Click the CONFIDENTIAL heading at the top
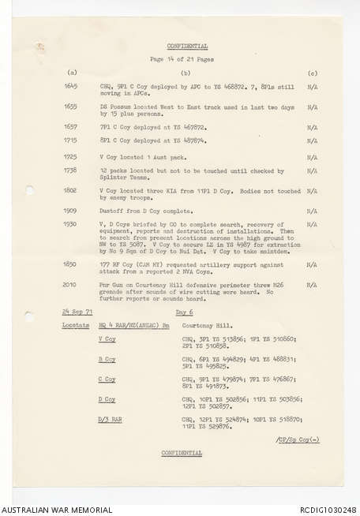(182, 47)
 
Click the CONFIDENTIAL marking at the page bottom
(182, 453)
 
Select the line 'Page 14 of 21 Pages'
(182, 59)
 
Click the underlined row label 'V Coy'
(107, 339)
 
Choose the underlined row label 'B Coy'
(107, 360)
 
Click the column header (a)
(73, 72)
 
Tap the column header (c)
(313, 72)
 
